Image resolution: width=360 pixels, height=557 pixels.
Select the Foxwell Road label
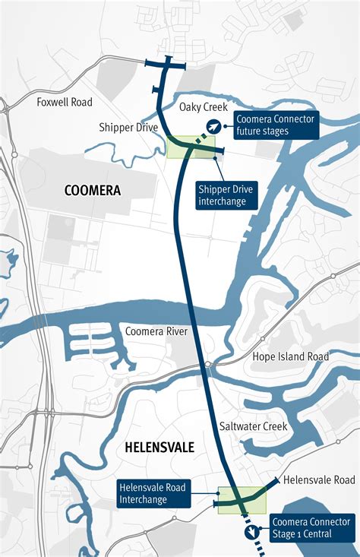pos(64,101)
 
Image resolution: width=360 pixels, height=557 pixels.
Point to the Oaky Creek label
pos(204,107)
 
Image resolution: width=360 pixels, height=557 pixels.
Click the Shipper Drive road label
pos(128,127)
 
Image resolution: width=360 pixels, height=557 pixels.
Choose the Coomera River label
pos(156,331)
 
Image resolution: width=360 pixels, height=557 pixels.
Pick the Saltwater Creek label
pos(253,426)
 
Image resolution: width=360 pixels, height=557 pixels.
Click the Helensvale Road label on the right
pos(319,480)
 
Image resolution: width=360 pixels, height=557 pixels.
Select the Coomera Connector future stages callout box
pos(275,125)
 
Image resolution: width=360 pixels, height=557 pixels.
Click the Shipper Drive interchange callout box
pos(226,195)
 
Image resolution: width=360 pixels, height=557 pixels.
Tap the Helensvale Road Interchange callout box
pos(153,493)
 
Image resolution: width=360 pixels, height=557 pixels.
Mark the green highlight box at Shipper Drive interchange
pos(191,147)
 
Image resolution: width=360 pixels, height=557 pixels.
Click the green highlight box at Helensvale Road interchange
pos(242,500)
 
